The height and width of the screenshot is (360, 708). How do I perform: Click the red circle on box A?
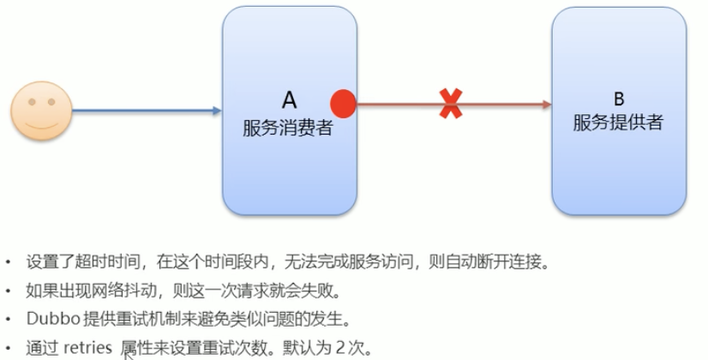(343, 104)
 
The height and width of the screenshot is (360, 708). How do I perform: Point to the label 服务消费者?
(287, 129)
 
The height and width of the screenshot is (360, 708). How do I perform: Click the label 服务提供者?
(618, 122)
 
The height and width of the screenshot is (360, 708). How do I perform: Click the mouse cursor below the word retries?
(129, 354)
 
